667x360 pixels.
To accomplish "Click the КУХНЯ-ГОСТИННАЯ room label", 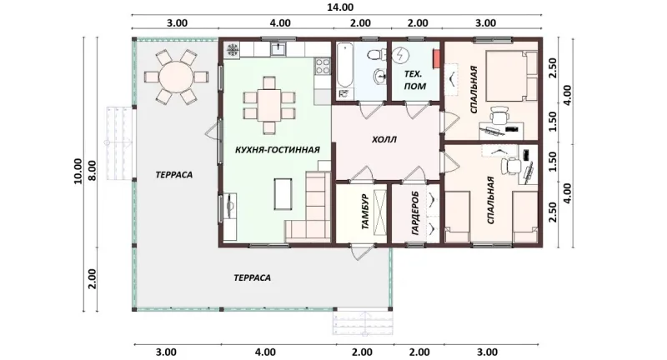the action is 278,150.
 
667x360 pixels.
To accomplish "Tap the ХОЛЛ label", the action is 384,139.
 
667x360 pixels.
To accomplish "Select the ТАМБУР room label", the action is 365,212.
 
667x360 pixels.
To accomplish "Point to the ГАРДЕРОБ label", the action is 415,214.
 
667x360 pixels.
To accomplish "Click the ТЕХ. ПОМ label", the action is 414,80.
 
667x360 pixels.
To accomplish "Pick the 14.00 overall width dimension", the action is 340,7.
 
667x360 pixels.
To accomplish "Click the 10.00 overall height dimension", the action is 78,172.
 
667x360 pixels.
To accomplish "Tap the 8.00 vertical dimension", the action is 93,171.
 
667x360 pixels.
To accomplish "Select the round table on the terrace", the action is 176,77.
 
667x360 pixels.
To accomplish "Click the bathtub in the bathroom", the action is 345,71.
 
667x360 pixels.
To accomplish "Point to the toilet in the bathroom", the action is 376,54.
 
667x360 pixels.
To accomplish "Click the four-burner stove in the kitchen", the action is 323,67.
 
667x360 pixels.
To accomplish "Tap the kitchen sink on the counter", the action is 278,48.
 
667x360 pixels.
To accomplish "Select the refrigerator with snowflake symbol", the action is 233,50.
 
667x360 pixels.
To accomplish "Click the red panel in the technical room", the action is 436,58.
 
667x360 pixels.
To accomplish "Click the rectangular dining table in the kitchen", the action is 268,104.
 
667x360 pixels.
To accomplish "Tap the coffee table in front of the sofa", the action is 283,194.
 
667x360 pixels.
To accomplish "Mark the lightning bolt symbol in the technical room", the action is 401,55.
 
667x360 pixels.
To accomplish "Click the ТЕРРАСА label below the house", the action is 253,278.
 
